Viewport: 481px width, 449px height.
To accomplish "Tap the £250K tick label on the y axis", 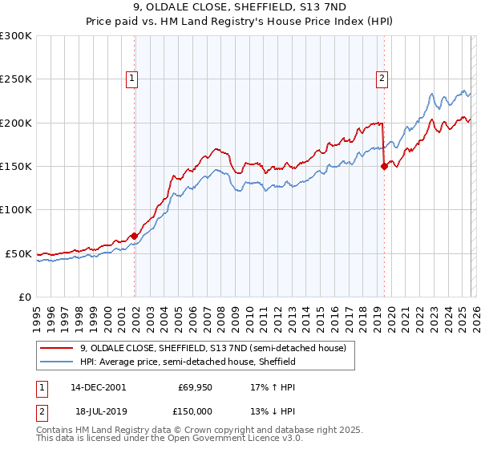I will tap(16, 79).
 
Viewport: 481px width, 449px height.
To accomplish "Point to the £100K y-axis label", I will tap(16, 210).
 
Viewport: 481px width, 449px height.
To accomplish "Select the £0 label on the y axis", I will tap(26, 297).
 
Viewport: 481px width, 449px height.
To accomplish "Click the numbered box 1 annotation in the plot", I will tap(131, 78).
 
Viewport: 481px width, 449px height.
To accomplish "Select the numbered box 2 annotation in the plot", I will tap(382, 78).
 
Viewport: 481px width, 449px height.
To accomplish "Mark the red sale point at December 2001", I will tap(135, 236).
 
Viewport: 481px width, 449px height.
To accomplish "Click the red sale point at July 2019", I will tap(384, 166).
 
